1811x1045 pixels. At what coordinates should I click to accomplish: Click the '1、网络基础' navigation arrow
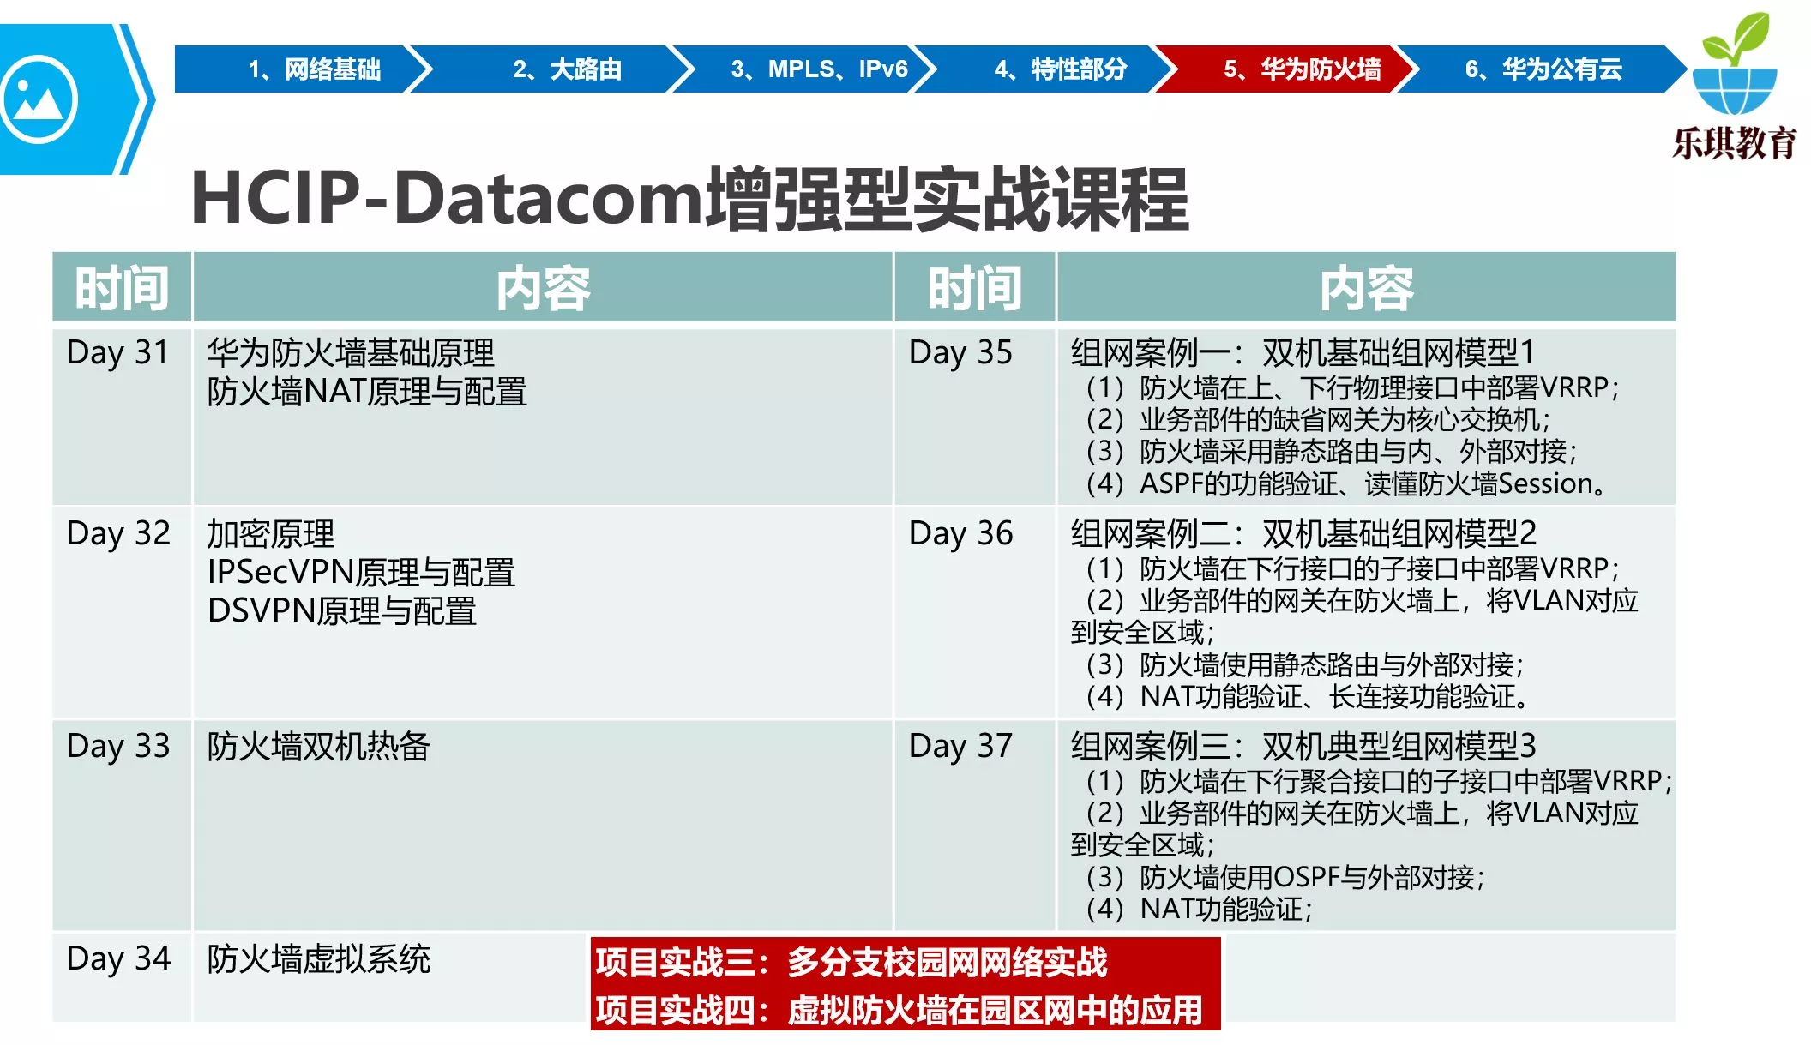coord(300,69)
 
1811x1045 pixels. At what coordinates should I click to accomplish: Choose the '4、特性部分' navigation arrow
coord(1050,69)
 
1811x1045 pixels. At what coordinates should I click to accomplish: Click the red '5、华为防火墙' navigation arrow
coord(1291,69)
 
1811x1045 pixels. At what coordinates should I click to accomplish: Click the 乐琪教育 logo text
coord(1734,142)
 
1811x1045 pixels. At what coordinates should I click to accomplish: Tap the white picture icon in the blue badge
coord(39,99)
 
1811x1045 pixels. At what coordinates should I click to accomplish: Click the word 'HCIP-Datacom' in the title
coord(447,200)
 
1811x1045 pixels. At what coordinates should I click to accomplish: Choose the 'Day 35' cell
coord(960,352)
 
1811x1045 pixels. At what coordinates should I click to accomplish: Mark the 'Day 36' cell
coord(960,533)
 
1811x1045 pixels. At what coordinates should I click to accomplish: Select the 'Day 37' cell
coord(960,746)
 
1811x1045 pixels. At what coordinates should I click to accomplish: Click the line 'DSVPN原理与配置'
coord(342,611)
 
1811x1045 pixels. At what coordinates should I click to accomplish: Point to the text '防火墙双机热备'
coord(318,746)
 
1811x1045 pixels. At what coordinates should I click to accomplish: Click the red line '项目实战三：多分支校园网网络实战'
coord(851,962)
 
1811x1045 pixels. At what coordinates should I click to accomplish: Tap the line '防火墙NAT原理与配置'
coord(367,392)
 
